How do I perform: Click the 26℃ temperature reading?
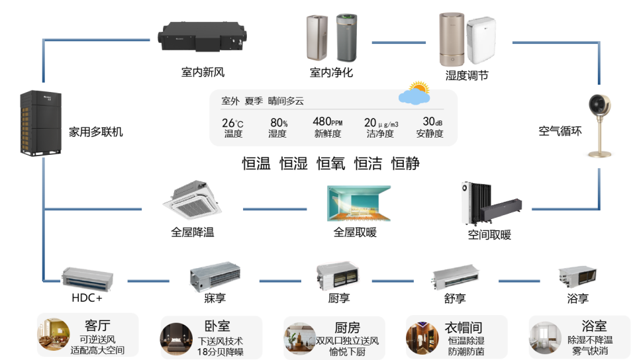tap(232, 122)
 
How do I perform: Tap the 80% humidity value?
tap(279, 122)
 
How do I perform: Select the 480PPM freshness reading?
tap(327, 122)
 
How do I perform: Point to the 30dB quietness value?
tap(432, 122)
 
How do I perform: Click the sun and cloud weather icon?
tap(415, 94)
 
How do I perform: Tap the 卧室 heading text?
tap(217, 326)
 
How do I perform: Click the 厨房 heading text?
tap(347, 328)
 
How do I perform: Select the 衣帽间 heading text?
tap(463, 328)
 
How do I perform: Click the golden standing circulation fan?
tap(600, 126)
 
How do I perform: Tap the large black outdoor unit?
tap(32, 124)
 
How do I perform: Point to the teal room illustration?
tap(359, 202)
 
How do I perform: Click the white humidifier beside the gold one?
tap(481, 42)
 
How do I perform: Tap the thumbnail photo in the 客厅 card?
tap(54, 334)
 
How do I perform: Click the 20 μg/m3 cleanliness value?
tap(381, 122)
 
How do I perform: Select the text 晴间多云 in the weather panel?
tap(286, 101)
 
